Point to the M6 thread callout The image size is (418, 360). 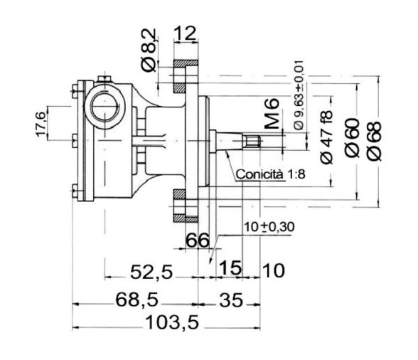272,115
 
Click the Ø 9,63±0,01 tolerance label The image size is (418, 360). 297,95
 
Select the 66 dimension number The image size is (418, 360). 198,240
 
